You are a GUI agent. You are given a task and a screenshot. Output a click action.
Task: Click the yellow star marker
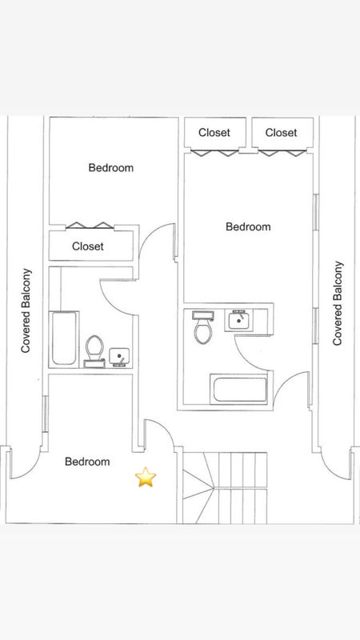(x=146, y=477)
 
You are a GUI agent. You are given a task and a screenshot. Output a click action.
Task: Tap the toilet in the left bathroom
(x=94, y=351)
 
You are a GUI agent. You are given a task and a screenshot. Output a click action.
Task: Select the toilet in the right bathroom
(x=203, y=327)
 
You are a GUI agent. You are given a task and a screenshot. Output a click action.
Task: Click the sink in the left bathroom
(x=119, y=357)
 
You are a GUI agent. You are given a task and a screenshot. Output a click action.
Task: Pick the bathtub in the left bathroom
(x=64, y=338)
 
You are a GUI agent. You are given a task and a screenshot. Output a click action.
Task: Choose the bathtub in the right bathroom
(x=239, y=390)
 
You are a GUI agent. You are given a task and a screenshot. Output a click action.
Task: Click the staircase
(x=225, y=487)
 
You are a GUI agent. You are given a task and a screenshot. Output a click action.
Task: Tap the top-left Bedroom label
(x=111, y=168)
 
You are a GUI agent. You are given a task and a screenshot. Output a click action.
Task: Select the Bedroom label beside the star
(x=87, y=462)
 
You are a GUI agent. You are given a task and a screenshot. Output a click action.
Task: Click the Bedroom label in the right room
(x=248, y=226)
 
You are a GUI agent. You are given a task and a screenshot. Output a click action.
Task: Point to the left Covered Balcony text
(x=26, y=310)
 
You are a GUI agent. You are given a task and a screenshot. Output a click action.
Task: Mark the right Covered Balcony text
(x=338, y=303)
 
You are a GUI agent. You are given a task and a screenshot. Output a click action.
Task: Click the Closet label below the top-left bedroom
(x=88, y=246)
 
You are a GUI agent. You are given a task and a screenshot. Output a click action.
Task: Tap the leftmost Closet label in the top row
(x=214, y=133)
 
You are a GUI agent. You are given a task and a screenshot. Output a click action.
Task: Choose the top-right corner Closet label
(x=282, y=133)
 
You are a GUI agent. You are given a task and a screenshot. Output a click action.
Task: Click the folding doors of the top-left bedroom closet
(x=90, y=225)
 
